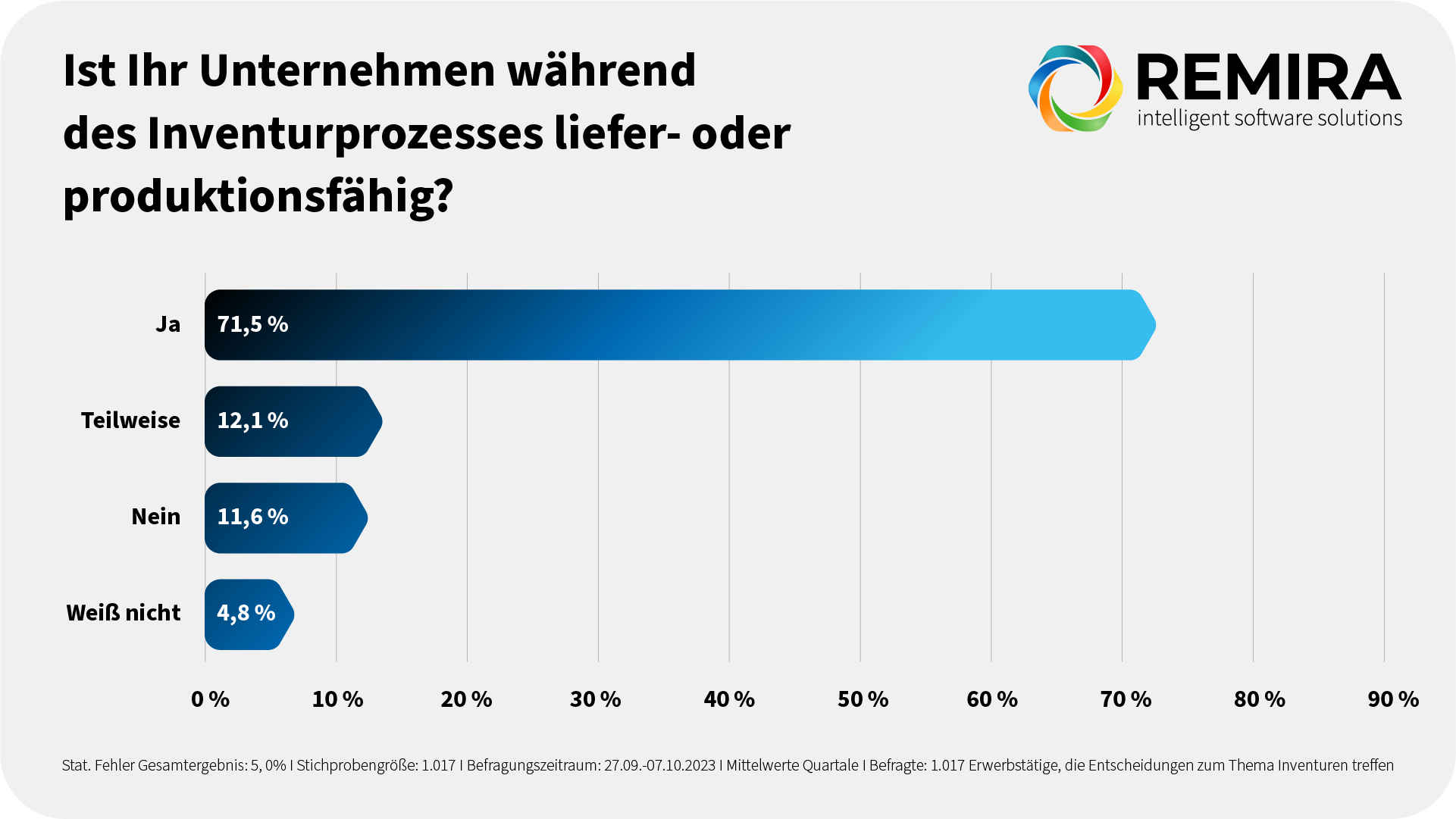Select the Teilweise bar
point(318,421)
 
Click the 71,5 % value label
point(252,324)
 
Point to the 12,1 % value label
point(252,420)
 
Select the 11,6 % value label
point(252,517)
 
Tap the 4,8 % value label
point(246,613)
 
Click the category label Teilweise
point(130,420)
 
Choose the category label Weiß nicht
point(123,613)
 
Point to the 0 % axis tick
point(210,699)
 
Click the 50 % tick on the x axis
point(863,699)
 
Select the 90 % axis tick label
point(1393,699)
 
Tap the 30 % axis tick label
point(595,699)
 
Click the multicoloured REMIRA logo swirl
point(1075,88)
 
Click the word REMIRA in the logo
point(1269,78)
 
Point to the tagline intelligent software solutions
point(1270,119)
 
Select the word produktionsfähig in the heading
point(250,197)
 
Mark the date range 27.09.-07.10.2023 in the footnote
point(659,765)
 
